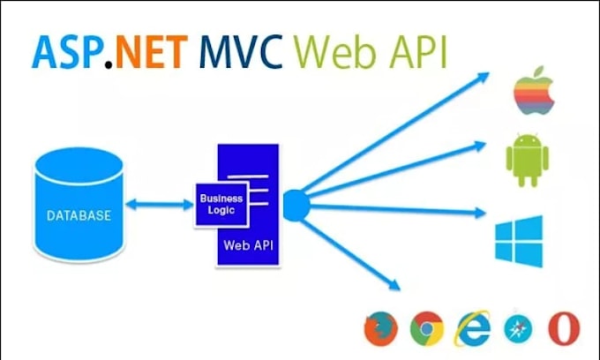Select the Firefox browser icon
(x=382, y=329)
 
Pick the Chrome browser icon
(x=427, y=329)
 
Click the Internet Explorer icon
(x=473, y=328)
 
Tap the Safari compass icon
(x=518, y=329)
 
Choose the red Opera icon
(x=562, y=328)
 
